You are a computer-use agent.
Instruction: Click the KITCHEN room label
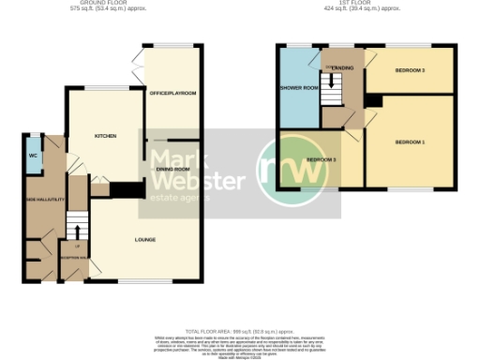click(105, 137)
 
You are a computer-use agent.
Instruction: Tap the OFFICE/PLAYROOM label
click(172, 94)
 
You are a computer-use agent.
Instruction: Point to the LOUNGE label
click(144, 239)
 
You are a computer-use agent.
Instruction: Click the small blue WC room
click(33, 156)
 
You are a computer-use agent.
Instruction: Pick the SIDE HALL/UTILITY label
click(40, 202)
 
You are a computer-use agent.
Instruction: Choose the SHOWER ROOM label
click(299, 88)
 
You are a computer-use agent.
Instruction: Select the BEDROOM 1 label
click(410, 142)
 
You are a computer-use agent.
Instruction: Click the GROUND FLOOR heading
click(104, 3)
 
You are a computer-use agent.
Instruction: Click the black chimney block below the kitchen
click(122, 189)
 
